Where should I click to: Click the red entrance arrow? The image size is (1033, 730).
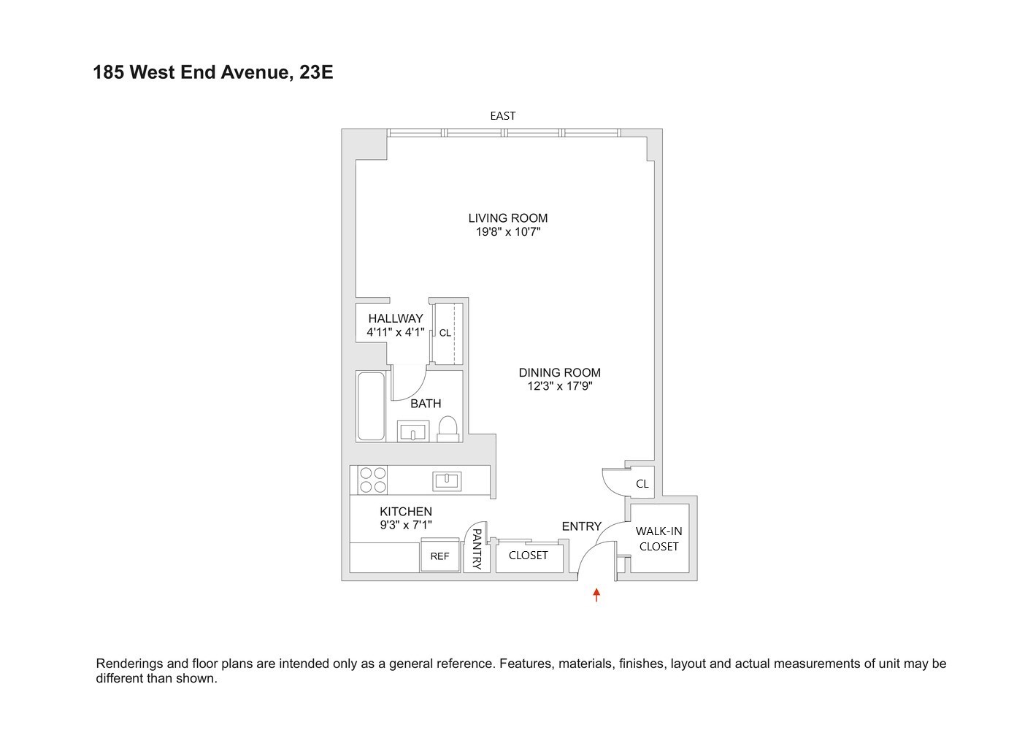point(596,594)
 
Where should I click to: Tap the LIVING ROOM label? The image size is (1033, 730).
point(507,218)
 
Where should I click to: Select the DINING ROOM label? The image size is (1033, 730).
point(559,372)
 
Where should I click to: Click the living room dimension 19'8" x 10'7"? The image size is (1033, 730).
point(507,232)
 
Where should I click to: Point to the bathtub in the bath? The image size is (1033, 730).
point(371,407)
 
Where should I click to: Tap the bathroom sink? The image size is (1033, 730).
point(413,431)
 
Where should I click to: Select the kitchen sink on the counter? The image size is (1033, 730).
point(446,480)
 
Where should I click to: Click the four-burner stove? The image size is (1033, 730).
point(372,480)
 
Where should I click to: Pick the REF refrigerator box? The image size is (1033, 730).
point(439,556)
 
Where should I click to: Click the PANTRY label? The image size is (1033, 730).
point(477,550)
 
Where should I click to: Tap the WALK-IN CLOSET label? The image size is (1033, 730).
point(658,539)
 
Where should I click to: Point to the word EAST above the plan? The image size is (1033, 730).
point(502,115)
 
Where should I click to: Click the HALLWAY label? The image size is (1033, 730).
point(395,318)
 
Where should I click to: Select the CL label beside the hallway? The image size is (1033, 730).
point(445,333)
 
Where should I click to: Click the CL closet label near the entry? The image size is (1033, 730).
point(642,483)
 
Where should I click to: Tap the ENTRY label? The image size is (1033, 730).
point(581,526)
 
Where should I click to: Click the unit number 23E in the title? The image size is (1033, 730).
point(316,72)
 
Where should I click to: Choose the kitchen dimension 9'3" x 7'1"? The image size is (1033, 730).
point(405,524)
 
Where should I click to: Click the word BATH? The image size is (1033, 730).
point(426,403)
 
